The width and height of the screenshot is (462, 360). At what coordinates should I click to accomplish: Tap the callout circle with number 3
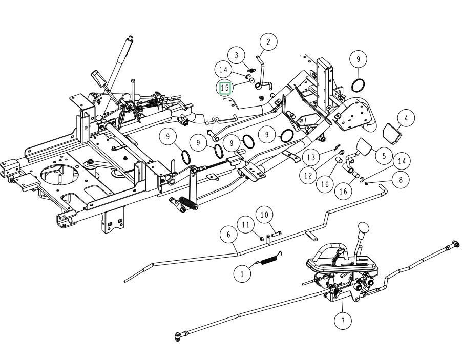point(237,55)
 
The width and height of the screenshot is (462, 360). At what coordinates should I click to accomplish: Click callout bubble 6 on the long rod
point(229,235)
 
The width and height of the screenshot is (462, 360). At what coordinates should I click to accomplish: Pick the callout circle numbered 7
point(343,321)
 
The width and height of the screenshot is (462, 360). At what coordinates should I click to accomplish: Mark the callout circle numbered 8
point(400,179)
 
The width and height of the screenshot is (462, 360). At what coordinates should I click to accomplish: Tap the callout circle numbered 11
point(245,225)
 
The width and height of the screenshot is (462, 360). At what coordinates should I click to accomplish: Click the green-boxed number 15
point(225,88)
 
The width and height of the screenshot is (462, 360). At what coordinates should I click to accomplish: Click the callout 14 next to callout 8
point(401,161)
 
